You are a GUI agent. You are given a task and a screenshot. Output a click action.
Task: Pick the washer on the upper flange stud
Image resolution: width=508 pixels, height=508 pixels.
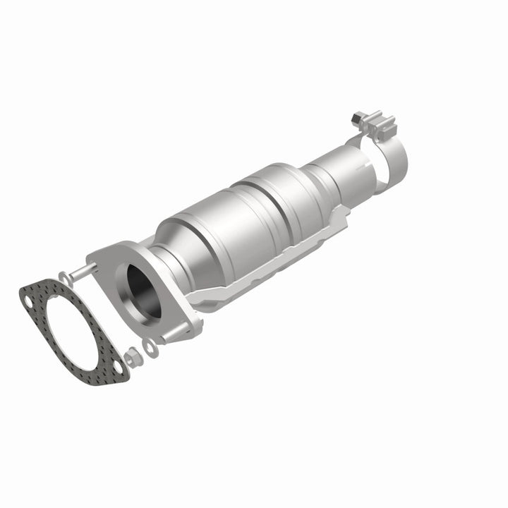[66, 274]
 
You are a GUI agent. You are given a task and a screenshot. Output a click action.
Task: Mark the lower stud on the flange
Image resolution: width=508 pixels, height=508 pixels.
[164, 339]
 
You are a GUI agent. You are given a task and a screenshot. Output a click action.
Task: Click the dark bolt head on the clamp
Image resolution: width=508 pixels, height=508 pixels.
[356, 114]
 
